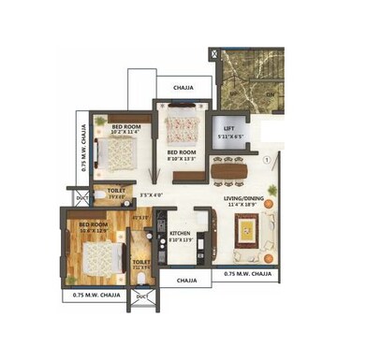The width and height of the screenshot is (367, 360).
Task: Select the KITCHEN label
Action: (x=182, y=233)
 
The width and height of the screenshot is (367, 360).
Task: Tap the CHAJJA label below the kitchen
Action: (x=186, y=279)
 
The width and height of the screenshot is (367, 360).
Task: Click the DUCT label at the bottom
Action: (x=141, y=296)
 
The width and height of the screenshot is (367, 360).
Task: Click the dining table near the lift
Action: (x=230, y=169)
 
